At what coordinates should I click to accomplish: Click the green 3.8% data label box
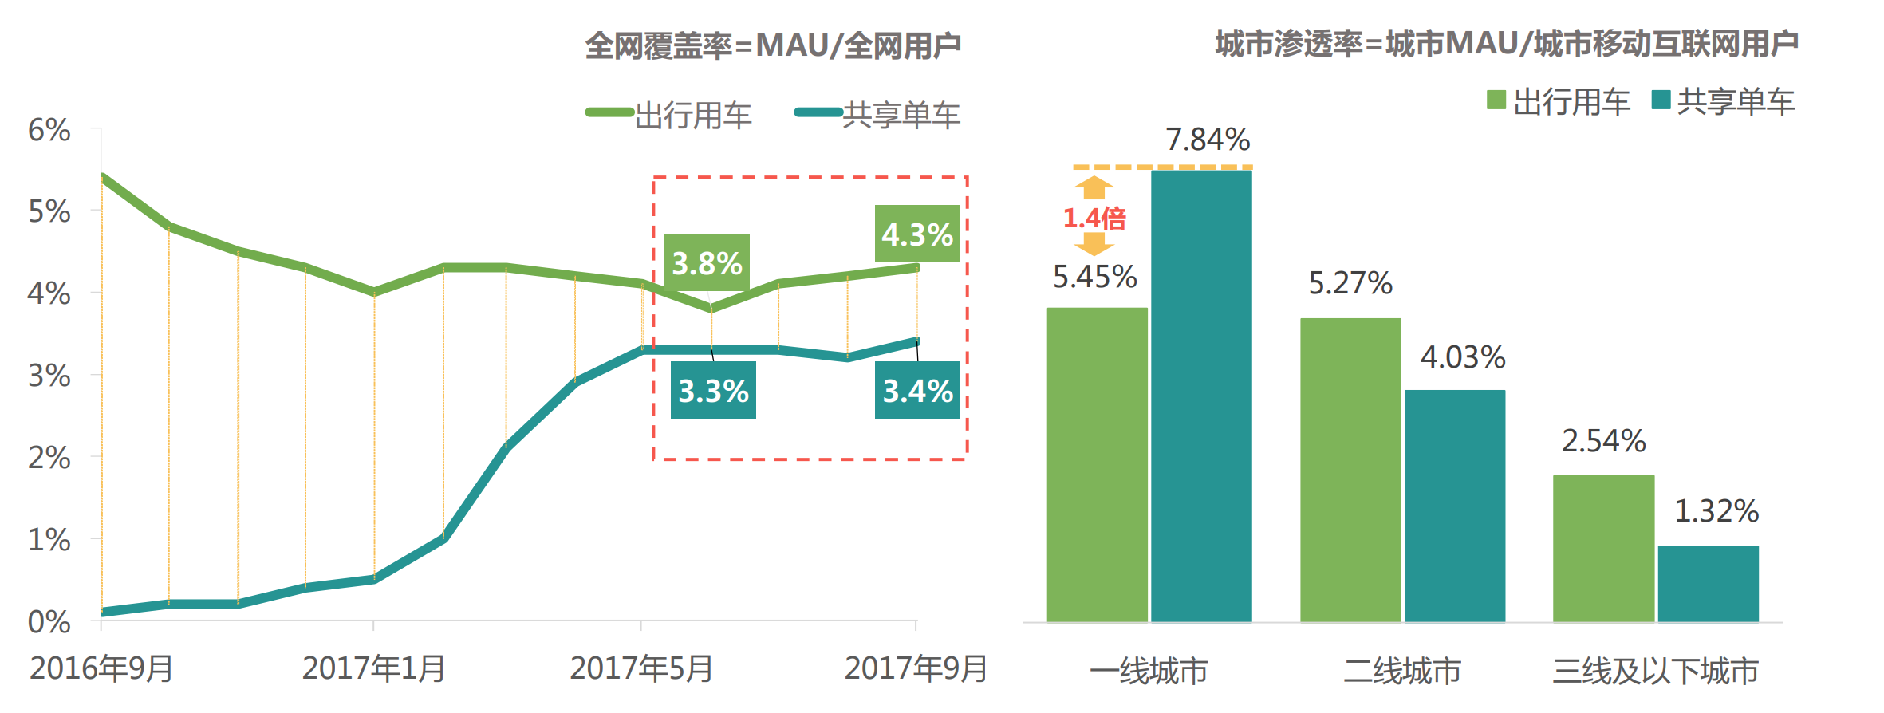coord(707,262)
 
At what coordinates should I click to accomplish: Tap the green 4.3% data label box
coord(917,234)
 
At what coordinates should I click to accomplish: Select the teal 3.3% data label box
coord(713,390)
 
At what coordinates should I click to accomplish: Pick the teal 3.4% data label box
coord(917,390)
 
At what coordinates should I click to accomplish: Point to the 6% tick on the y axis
coord(49,130)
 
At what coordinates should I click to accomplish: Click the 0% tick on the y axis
coord(49,622)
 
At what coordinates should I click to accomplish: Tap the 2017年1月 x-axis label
coord(373,668)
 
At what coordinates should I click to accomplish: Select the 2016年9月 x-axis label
coord(101,668)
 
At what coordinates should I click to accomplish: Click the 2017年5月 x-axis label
coord(641,668)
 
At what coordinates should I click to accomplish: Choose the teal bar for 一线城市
coord(1201,396)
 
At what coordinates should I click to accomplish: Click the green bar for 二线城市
coord(1350,470)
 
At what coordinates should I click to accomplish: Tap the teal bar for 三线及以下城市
coord(1708,584)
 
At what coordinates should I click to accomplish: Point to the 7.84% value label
coord(1208,140)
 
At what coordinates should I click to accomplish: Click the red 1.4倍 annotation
coord(1094,218)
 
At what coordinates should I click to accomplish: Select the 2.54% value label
coord(1603,441)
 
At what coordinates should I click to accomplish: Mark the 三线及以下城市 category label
coord(1655,672)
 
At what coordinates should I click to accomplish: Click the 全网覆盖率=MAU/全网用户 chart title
coord(773,45)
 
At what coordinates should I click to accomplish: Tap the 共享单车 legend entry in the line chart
coord(877,115)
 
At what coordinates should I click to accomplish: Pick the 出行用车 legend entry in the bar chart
coord(1559,101)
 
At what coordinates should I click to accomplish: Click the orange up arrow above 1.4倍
coord(1094,187)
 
